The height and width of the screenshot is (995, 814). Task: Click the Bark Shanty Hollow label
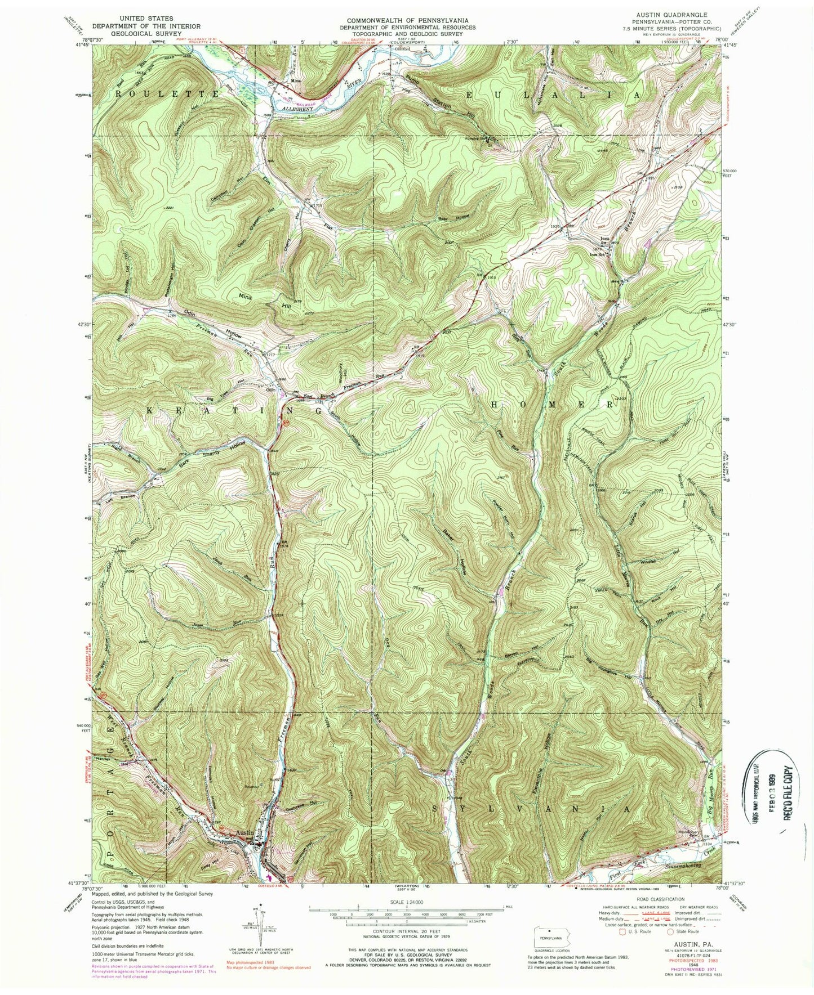coord(194,458)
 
